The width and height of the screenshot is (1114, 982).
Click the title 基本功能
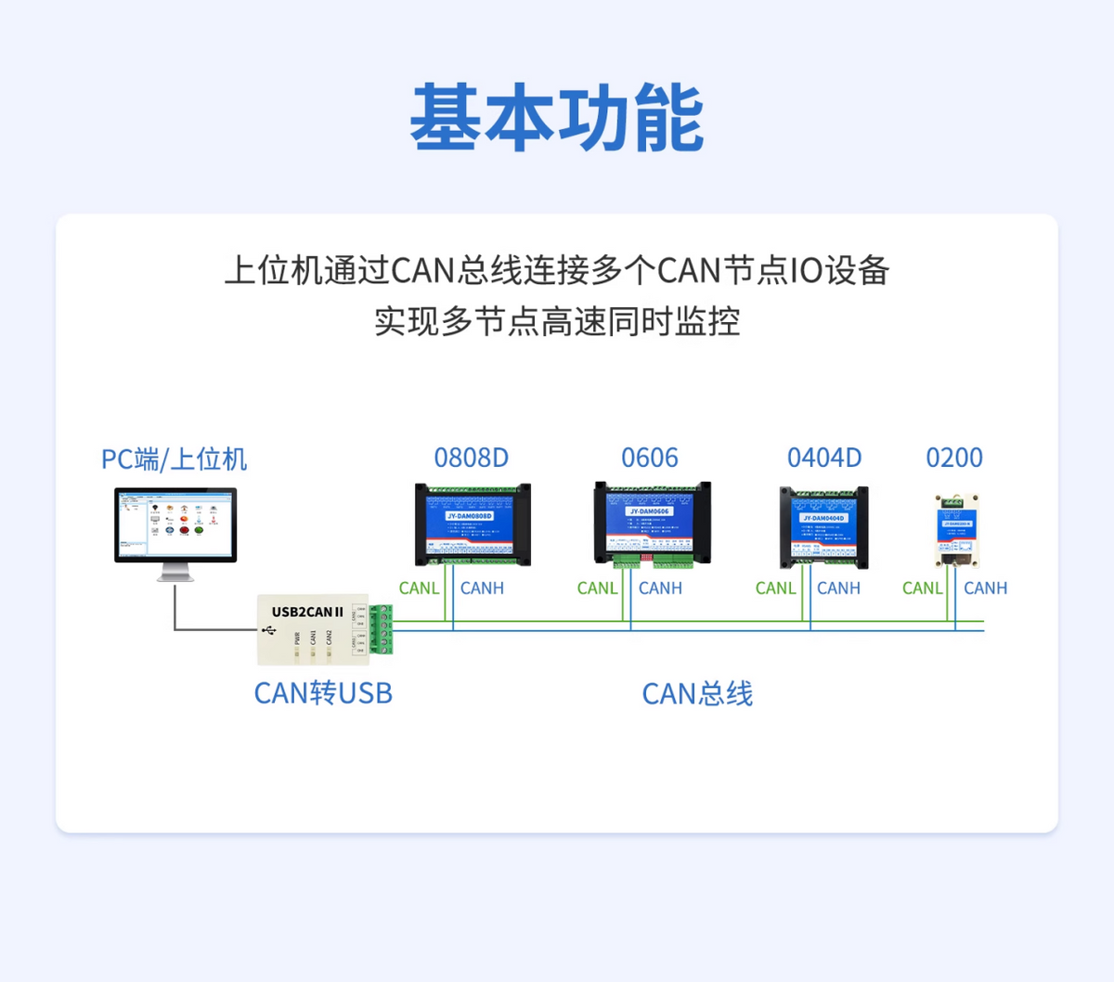[x=557, y=118]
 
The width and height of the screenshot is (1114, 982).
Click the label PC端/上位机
[x=174, y=459]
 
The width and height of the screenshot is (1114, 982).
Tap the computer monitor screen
[x=175, y=523]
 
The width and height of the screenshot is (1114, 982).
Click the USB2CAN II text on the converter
[x=307, y=612]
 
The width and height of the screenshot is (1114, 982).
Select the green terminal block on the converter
[x=382, y=629]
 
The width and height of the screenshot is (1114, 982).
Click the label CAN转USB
[x=323, y=693]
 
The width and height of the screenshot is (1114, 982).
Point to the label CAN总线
[x=697, y=693]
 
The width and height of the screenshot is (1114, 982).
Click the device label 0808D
[x=472, y=458]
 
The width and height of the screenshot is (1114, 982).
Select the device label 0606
[x=650, y=458]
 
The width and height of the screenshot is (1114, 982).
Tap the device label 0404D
[x=824, y=458]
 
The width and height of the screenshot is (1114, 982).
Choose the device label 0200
[x=954, y=458]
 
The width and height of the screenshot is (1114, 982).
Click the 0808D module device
[x=473, y=524]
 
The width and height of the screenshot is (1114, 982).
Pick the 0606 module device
[x=652, y=523]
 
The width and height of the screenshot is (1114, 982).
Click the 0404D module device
[x=824, y=527]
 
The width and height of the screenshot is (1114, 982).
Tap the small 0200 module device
[x=956, y=531]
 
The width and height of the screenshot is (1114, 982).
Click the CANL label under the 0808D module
[x=419, y=588]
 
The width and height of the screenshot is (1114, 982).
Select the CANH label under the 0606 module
[x=660, y=588]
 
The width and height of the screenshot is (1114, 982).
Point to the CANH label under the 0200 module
[x=985, y=588]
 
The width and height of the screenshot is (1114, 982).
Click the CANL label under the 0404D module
[x=775, y=588]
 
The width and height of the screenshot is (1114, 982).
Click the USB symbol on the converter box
[x=269, y=630]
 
